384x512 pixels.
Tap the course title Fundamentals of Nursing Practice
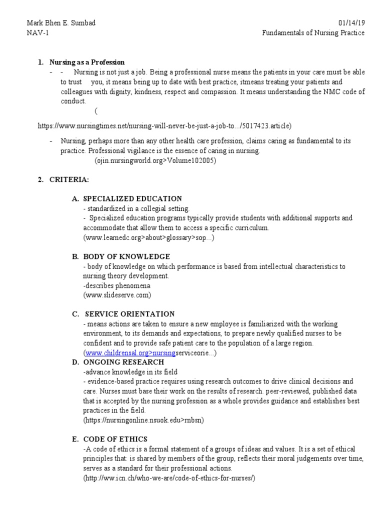click(313, 33)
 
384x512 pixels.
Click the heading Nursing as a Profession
click(87, 62)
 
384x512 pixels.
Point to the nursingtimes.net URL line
click(164, 125)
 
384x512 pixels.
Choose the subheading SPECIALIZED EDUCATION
click(132, 198)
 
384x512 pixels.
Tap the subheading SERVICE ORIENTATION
click(130, 314)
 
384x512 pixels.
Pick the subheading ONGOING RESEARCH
click(123, 361)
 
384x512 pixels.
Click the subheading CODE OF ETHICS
click(115, 439)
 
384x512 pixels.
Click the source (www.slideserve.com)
click(117, 294)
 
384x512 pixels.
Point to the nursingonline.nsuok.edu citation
click(143, 420)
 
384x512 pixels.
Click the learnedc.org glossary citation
click(148, 237)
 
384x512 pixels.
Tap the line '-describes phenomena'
click(116, 285)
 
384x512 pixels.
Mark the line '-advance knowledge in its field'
click(130, 371)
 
